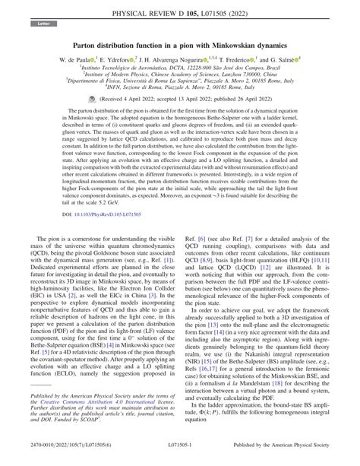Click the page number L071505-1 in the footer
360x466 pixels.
pyautogui.click(x=180, y=457)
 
